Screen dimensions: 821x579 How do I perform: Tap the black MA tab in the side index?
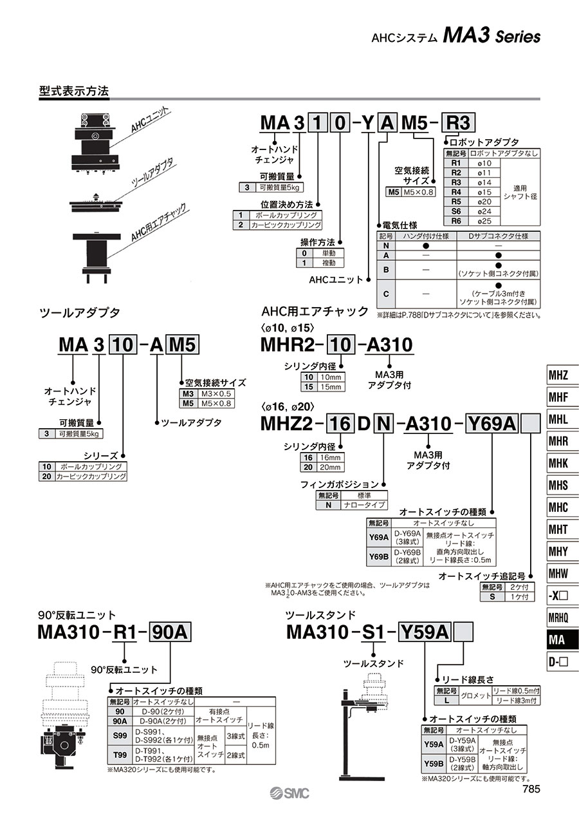(x=558, y=639)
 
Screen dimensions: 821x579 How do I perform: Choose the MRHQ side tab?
(x=558, y=618)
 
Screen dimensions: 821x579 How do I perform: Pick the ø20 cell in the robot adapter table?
(x=484, y=201)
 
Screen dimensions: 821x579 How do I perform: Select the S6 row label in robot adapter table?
(x=456, y=211)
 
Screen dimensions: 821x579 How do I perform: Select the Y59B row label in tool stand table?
(x=434, y=764)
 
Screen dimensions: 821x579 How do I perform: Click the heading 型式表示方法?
(x=74, y=91)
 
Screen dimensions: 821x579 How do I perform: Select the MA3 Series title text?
(x=491, y=37)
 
